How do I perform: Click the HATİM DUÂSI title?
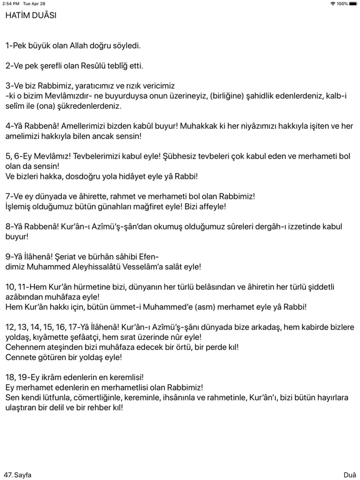point(31,16)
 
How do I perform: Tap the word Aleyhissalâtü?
point(114,266)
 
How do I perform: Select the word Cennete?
point(24,357)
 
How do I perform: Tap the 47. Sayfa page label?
point(17,474)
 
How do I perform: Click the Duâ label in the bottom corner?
point(349,474)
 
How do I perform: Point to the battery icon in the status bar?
point(351,4)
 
